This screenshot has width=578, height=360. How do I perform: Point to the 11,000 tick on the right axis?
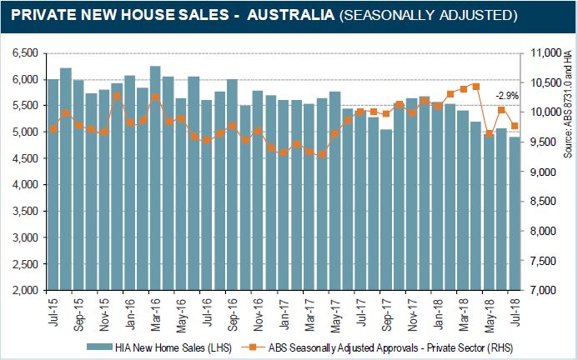pyautogui.click(x=549, y=52)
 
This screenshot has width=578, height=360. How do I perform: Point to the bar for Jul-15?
pyautogui.click(x=53, y=192)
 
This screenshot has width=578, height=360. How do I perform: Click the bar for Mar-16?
pyautogui.click(x=155, y=183)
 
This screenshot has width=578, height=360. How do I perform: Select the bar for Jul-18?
pyautogui.click(x=514, y=217)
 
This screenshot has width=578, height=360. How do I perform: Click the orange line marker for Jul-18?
pyautogui.click(x=515, y=126)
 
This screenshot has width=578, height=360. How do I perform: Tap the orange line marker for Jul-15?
pyautogui.click(x=53, y=128)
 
